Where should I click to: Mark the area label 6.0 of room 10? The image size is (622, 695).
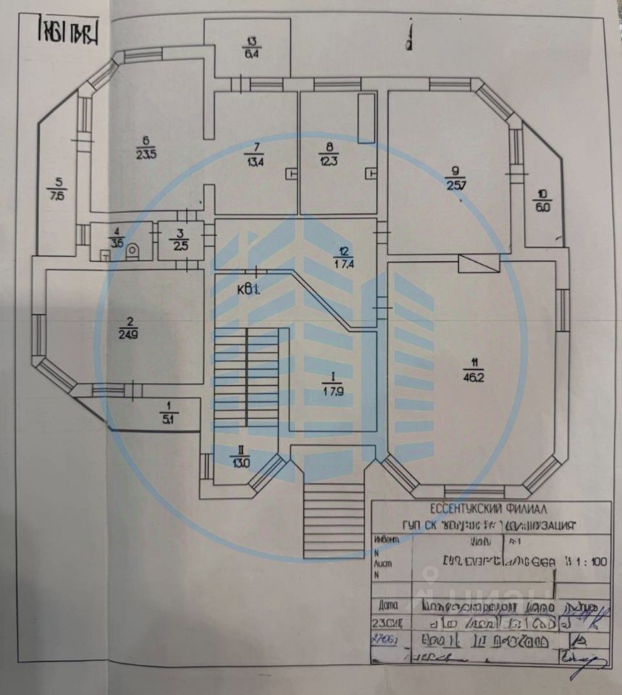click(542, 205)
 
